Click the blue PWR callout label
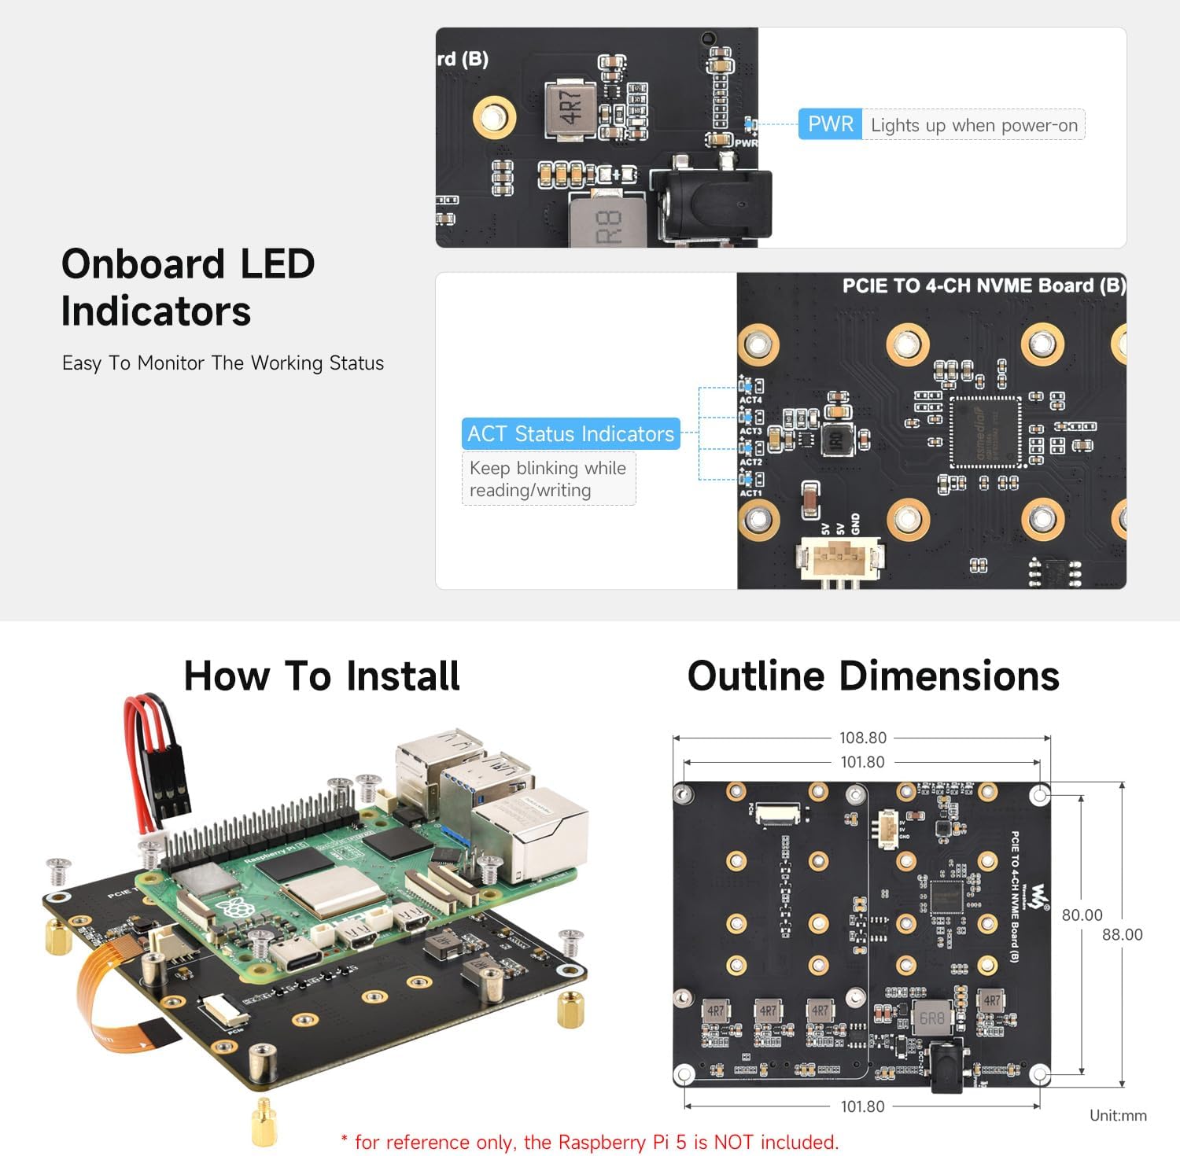coord(830,124)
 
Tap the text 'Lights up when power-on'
coord(973,125)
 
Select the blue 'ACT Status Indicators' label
coord(570,433)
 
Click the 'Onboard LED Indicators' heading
coord(188,287)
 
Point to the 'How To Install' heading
coord(322,676)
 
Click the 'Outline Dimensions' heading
coord(873,676)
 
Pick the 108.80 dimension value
coord(862,738)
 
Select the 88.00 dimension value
coord(1122,934)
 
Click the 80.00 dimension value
coord(1082,915)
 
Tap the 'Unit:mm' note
coord(1117,1115)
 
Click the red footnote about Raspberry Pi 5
coord(590,1142)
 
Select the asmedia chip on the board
coord(985,432)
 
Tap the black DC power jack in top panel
coord(712,204)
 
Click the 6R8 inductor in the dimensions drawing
coord(931,1018)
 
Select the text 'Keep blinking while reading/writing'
coord(548,479)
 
